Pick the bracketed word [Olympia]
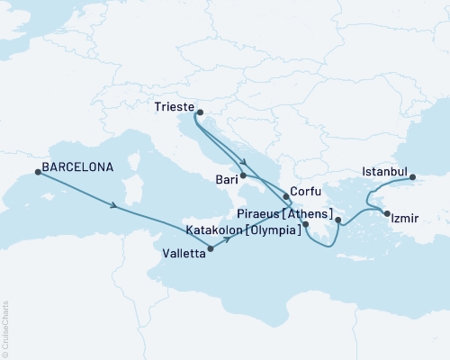273,230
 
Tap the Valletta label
181,254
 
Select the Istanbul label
384,171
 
